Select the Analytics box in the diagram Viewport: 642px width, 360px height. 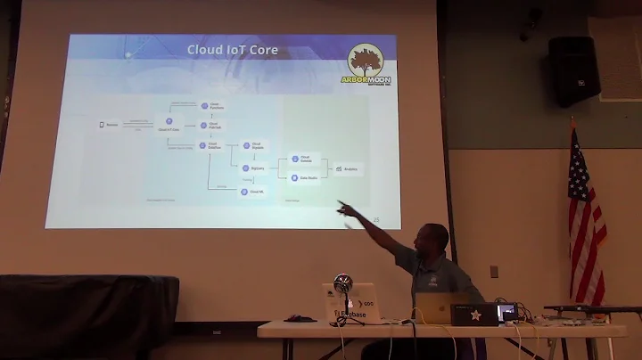coord(346,168)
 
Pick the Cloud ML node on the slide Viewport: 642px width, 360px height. coord(252,192)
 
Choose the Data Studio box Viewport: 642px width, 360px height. coord(299,177)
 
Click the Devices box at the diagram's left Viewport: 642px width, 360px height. coord(108,125)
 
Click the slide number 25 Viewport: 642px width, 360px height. coord(375,219)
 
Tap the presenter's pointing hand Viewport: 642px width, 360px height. coord(342,208)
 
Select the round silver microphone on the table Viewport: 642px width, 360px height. coord(342,283)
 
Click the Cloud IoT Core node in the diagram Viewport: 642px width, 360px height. coord(169,125)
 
